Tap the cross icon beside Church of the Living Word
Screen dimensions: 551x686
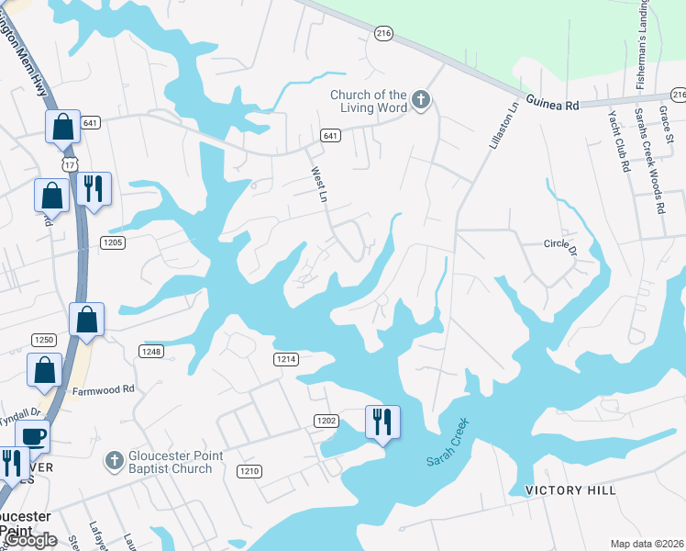[421, 99]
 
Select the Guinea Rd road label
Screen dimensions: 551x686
[553, 105]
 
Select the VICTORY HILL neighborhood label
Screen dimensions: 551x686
[570, 490]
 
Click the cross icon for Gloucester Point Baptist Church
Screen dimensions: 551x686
[115, 458]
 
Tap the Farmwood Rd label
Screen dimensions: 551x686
[104, 389]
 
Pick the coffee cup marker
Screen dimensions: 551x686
[33, 435]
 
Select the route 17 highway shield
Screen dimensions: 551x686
[70, 163]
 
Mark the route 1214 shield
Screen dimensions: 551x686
[286, 359]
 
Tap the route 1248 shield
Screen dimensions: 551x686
[151, 352]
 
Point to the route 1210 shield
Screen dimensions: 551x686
[249, 471]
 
